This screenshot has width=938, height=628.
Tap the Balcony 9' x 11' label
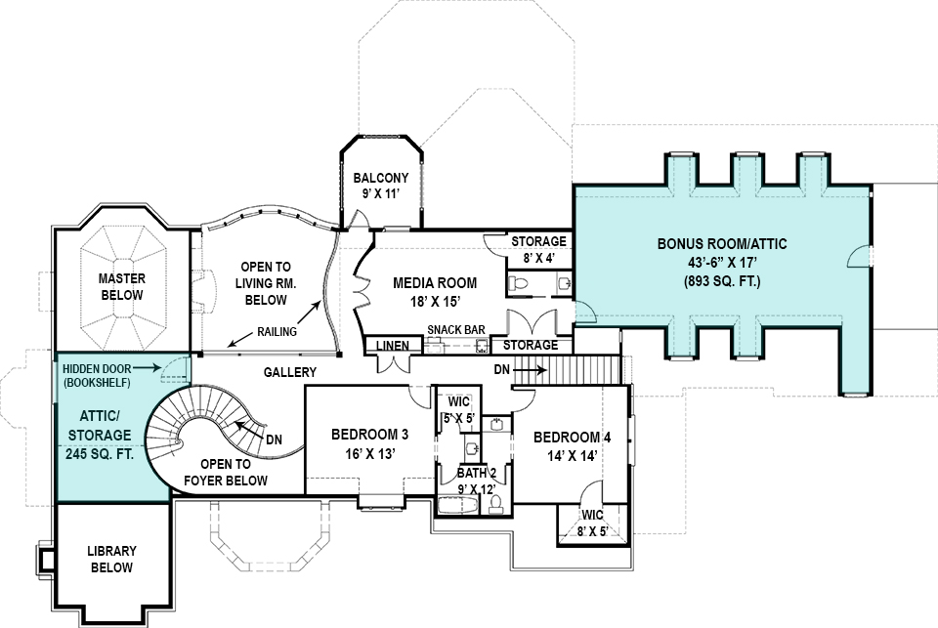pos(381,186)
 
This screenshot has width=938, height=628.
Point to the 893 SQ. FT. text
pos(722,281)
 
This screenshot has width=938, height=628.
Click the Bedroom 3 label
pos(369,435)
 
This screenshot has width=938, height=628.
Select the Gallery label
pos(290,372)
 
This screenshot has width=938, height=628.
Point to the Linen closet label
pos(392,346)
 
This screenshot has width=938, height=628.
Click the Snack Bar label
pos(456,330)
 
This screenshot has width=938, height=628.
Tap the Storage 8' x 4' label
pos(538,249)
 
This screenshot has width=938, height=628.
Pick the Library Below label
pos(111,559)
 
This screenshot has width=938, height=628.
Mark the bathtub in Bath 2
pos(457,505)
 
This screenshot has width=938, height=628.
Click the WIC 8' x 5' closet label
pos(592,523)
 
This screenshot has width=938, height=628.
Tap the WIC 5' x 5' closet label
pos(459,410)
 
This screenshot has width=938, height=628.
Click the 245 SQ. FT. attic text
pos(99,453)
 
